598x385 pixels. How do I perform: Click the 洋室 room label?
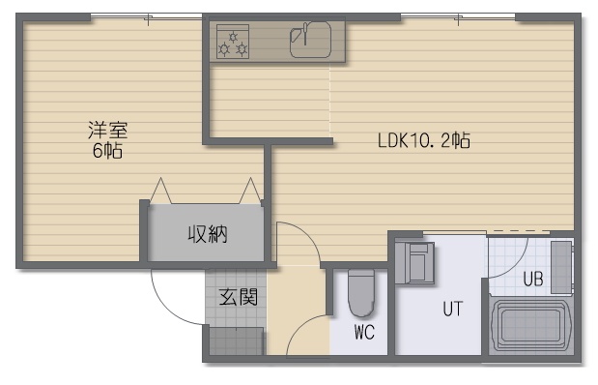(x=108, y=131)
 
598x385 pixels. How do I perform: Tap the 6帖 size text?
(x=107, y=151)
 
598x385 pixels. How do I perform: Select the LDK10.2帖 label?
(x=424, y=140)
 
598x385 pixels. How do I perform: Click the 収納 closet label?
(x=208, y=234)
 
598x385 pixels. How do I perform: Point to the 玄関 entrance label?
(x=239, y=297)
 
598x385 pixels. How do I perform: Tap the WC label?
(x=364, y=333)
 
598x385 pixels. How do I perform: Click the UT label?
(x=453, y=309)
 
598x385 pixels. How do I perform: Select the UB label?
(x=533, y=279)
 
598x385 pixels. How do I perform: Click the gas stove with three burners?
(x=233, y=42)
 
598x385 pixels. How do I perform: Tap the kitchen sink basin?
(x=310, y=40)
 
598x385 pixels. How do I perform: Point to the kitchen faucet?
(x=305, y=34)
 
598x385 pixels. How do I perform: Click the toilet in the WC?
(x=361, y=293)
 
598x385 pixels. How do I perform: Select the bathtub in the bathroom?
(x=530, y=325)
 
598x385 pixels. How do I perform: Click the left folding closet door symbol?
(x=161, y=191)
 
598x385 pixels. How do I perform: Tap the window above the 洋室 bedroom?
(x=147, y=16)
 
